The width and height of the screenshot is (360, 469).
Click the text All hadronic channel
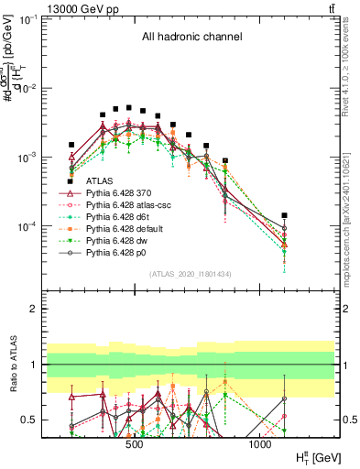point(191,38)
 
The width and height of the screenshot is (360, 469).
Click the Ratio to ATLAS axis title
point(13,365)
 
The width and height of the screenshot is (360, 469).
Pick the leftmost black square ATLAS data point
point(71,145)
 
